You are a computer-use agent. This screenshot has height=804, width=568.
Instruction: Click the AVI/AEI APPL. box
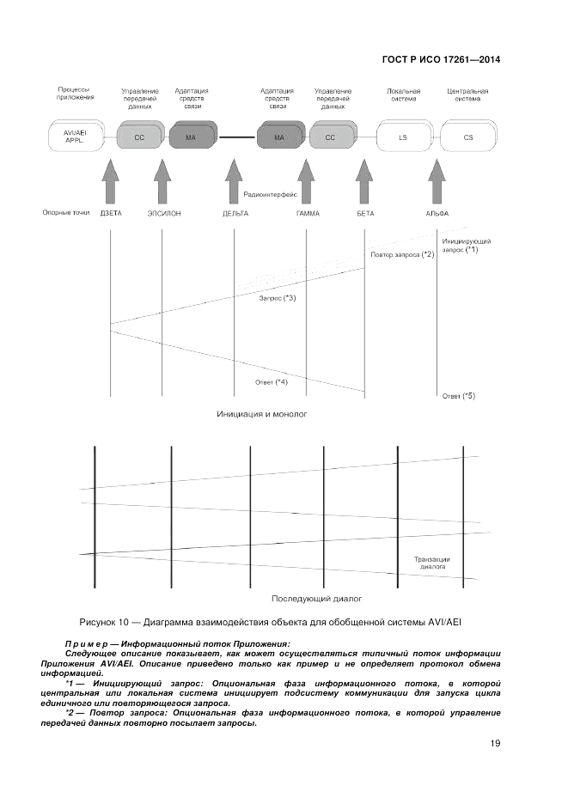tap(76, 137)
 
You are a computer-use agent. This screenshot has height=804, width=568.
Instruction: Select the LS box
tap(403, 137)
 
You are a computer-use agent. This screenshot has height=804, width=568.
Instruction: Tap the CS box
tap(467, 137)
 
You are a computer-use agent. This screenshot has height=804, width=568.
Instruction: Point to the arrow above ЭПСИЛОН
tap(162, 182)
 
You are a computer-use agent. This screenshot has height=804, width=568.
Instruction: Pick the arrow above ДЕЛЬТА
tap(234, 182)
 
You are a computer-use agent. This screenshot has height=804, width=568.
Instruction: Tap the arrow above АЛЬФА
tap(437, 182)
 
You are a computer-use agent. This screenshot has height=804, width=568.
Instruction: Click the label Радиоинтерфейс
tap(271, 195)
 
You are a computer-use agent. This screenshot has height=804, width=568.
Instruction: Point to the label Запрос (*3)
tap(278, 298)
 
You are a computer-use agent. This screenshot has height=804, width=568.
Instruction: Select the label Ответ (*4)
tap(272, 381)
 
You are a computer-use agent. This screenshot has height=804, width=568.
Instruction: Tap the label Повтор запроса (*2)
tap(402, 255)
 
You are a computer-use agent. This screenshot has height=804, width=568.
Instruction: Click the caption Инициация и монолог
tap(262, 413)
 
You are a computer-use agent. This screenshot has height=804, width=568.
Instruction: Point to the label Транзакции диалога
tap(431, 563)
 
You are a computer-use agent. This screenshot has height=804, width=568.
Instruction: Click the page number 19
tap(495, 744)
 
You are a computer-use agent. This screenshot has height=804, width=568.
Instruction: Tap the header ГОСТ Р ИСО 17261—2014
tap(440, 60)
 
